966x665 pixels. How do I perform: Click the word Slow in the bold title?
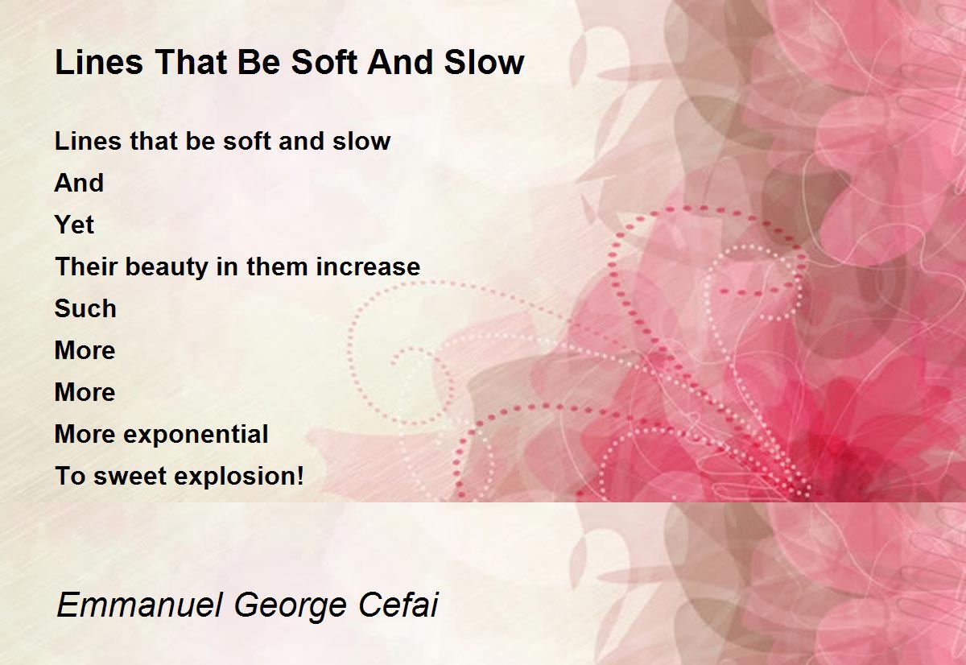(485, 62)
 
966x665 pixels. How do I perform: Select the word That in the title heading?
(190, 62)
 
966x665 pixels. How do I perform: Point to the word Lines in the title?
(99, 62)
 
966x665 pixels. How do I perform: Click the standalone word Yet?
(74, 225)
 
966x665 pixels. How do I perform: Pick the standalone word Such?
(85, 309)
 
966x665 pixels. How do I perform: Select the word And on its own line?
(79, 183)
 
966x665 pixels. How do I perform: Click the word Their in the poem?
(86, 266)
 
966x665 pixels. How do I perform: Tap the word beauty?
(167, 268)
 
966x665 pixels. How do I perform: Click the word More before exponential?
(85, 434)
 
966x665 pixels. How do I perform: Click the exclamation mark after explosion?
(299, 476)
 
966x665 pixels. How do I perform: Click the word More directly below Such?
(85, 350)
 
